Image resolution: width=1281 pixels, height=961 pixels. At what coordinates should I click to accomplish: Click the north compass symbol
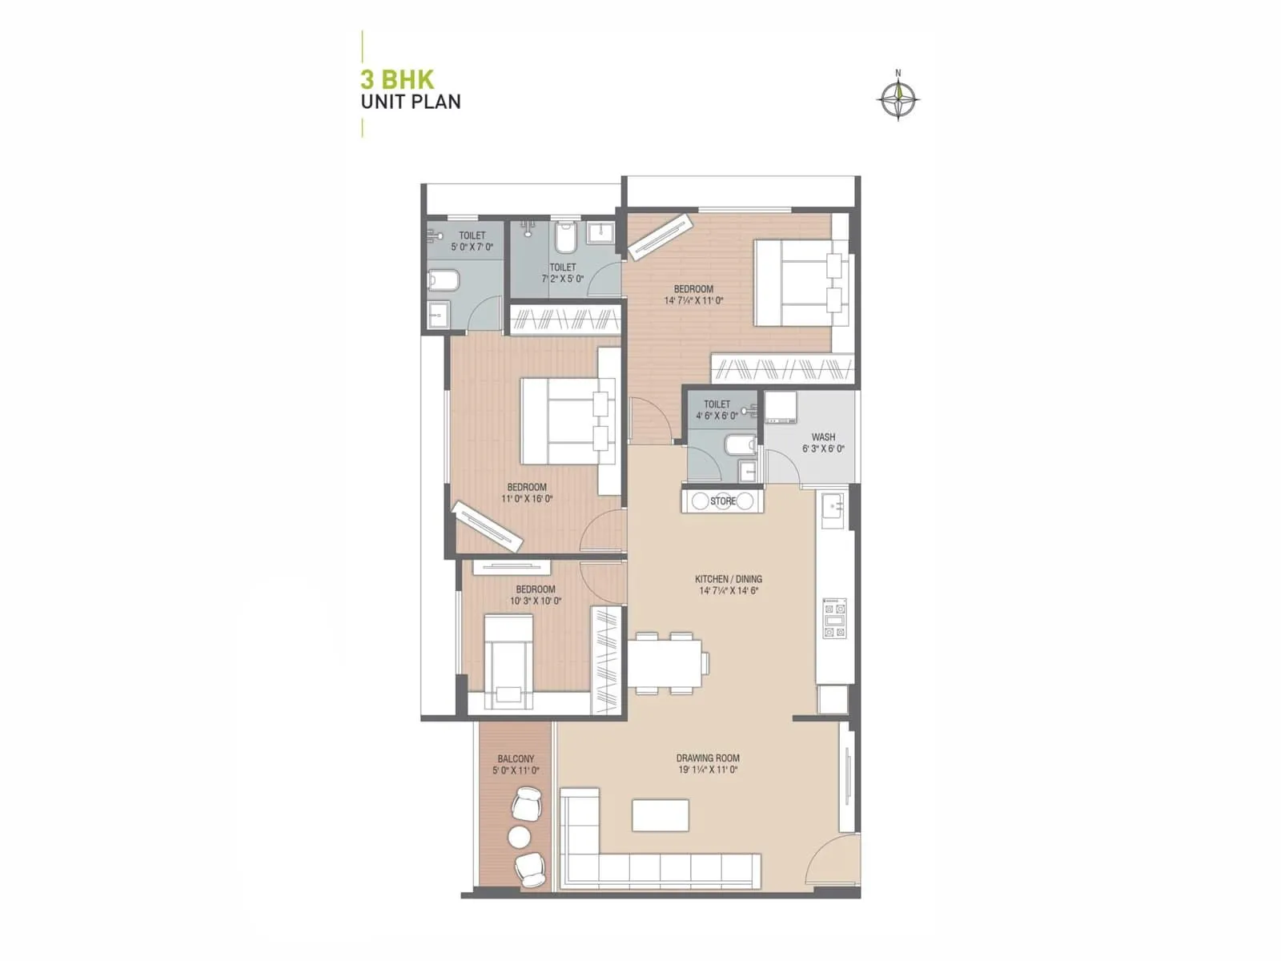point(898,100)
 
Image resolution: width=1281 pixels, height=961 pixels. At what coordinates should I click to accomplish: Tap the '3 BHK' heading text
point(397,80)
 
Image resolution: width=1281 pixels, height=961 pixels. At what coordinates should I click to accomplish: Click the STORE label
point(723,501)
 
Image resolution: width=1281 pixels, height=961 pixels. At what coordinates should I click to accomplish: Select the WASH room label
point(823,437)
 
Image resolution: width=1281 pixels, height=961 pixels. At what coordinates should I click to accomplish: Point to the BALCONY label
point(516,758)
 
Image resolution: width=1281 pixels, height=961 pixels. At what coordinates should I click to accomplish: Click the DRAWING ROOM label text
point(708,758)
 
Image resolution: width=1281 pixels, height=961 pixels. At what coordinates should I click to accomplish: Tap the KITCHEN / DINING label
point(728,579)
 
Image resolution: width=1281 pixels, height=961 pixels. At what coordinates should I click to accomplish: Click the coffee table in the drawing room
point(661,815)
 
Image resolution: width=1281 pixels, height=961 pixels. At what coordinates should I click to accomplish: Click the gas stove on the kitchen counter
point(834,617)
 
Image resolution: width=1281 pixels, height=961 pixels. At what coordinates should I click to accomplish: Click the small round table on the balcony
point(520,837)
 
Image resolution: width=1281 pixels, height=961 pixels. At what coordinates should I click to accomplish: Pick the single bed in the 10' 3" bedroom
point(508,661)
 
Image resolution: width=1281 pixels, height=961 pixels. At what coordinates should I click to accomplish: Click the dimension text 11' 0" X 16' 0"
point(527,499)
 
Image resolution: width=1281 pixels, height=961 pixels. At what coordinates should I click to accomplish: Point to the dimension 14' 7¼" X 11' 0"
point(693,301)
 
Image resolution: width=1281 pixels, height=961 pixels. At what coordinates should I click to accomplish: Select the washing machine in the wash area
point(780,408)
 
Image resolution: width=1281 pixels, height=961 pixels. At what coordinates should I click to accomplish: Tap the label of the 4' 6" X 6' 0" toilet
point(717,404)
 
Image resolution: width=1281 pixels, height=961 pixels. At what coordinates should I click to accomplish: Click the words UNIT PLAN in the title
point(411,103)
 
